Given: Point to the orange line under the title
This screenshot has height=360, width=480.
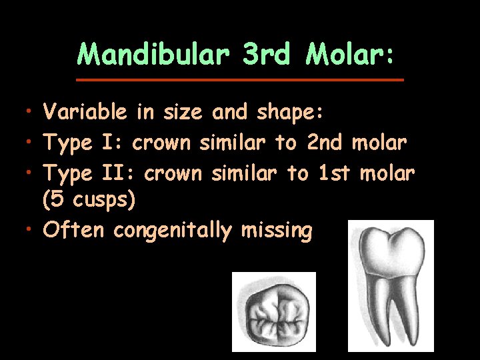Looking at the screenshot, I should click(240, 79).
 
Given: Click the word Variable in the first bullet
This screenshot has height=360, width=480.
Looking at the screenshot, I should click(84, 113).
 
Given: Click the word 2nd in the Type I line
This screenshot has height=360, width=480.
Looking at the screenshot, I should click(324, 143).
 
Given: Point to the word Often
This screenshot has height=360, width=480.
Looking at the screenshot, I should click(73, 231).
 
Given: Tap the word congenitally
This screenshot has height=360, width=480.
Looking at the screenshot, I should click(172, 231).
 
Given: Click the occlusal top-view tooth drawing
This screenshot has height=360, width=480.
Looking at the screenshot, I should click(273, 313).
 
